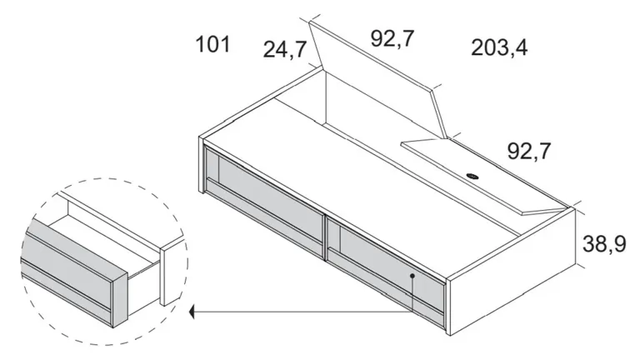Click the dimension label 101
click(x=213, y=44)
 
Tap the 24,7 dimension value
click(x=285, y=50)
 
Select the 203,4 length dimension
click(x=499, y=47)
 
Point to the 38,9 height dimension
click(x=604, y=244)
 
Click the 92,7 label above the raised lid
click(x=392, y=39)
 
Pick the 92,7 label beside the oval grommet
click(x=529, y=151)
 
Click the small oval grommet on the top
click(x=472, y=177)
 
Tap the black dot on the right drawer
click(x=412, y=276)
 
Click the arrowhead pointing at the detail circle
click(x=192, y=313)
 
